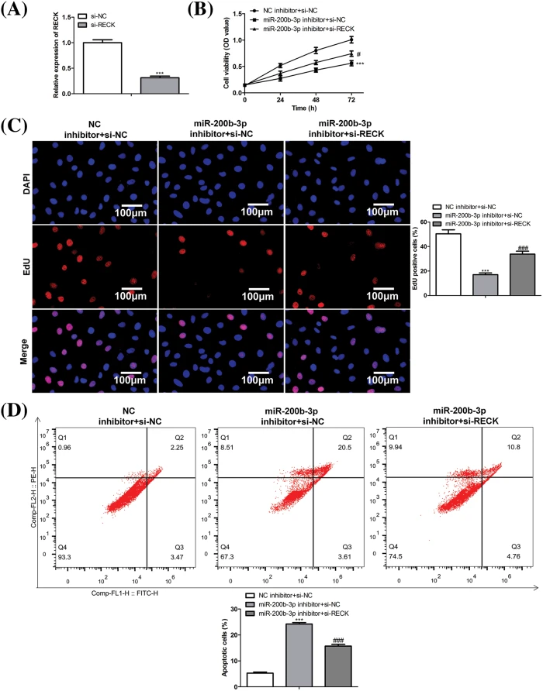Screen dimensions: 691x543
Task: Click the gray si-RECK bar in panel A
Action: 159,85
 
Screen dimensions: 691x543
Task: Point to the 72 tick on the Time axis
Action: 351,101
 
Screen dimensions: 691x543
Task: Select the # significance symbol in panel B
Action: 359,53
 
